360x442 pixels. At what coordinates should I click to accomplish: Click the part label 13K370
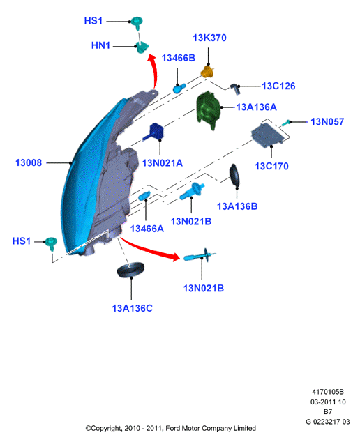click(x=209, y=38)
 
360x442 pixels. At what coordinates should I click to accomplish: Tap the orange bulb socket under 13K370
click(x=208, y=72)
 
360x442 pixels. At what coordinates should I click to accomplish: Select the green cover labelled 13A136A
click(x=208, y=110)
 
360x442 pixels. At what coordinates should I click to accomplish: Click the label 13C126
click(x=278, y=86)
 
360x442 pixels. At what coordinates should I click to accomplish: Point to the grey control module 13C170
click(x=267, y=135)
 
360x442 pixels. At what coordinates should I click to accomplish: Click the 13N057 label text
click(x=327, y=122)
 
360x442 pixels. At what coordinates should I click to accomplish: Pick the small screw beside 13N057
click(x=286, y=123)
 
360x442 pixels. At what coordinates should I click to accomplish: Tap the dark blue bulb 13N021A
click(x=154, y=132)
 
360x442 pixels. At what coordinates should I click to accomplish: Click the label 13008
click(x=29, y=162)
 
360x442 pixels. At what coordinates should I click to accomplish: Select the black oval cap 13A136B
click(x=234, y=175)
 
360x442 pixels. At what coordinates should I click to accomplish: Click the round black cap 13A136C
click(x=130, y=270)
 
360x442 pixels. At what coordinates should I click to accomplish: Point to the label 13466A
click(x=147, y=229)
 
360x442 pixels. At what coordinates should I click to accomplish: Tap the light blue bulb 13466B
click(x=179, y=89)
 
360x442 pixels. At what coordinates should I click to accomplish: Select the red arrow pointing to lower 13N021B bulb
click(x=149, y=250)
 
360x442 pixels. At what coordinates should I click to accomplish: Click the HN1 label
click(x=100, y=45)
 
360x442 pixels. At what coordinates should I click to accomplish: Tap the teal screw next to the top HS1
click(x=137, y=23)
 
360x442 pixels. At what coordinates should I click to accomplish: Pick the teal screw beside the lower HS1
click(x=51, y=243)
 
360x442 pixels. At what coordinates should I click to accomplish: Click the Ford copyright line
click(x=171, y=429)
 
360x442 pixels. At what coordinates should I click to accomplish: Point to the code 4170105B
click(x=327, y=392)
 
